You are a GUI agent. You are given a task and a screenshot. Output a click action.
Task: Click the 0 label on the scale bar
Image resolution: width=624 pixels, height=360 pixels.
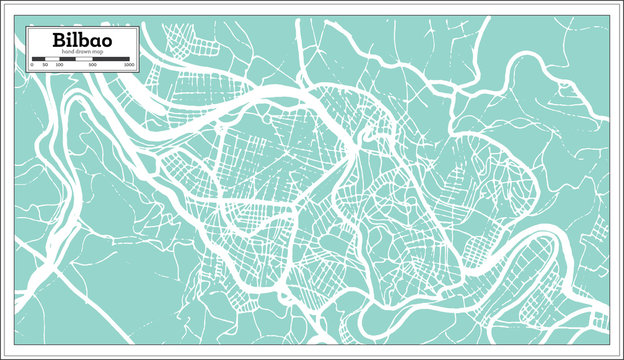click(33, 65)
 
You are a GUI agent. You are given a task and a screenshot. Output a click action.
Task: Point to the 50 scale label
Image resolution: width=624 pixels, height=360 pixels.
click(45, 65)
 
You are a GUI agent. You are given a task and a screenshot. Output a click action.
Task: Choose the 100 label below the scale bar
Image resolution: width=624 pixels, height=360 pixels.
click(58, 65)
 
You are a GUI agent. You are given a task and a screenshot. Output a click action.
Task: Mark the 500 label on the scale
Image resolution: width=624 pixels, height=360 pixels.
click(92, 65)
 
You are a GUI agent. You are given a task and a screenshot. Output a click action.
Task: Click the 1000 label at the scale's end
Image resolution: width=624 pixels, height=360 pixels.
click(129, 65)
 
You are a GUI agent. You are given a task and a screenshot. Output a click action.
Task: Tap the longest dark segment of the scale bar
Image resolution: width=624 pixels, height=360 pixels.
click(111, 59)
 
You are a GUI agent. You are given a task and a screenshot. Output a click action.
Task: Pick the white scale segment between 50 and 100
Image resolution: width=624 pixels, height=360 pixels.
click(51, 59)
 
